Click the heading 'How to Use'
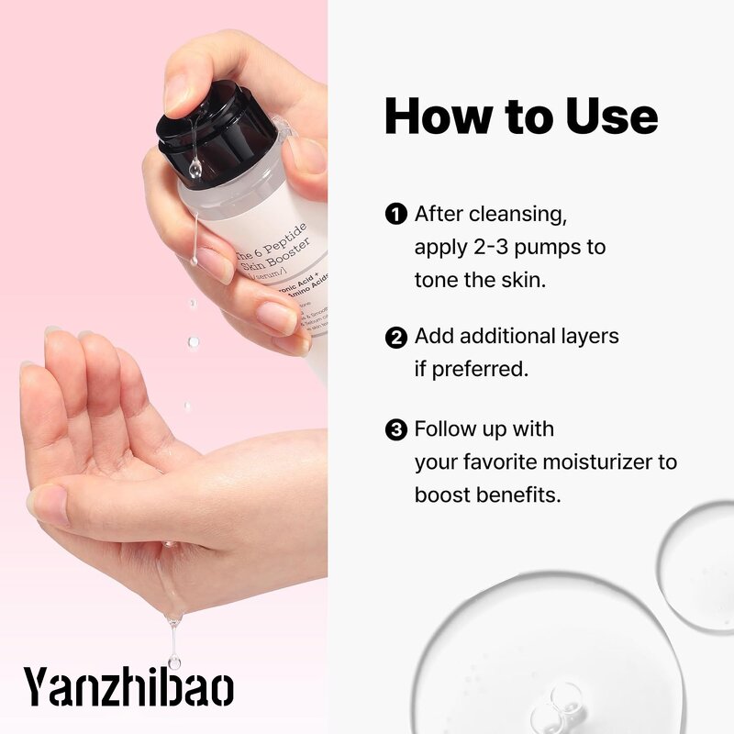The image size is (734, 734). click(520, 117)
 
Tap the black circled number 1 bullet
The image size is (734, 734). click(395, 215)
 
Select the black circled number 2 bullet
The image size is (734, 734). click(395, 338)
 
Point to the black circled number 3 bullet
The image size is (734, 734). click(395, 429)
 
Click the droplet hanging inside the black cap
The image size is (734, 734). click(195, 168)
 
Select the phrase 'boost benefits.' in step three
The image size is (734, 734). click(487, 494)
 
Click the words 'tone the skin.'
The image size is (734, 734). click(480, 280)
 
